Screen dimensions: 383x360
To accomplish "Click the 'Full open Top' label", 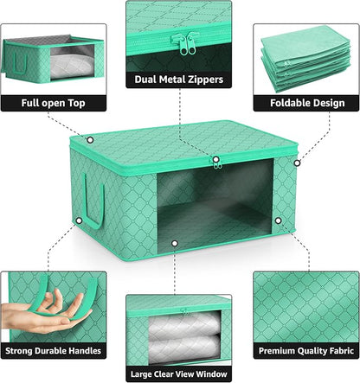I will coord(54,102).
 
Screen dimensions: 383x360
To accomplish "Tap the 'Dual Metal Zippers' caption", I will coord(180,80).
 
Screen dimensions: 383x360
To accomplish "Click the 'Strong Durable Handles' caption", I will coord(54,351).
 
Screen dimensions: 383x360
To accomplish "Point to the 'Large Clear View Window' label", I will coord(180,373).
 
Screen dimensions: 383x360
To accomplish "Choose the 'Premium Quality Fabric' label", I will coord(306,351).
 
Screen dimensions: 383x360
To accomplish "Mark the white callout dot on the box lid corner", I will coord(90,139).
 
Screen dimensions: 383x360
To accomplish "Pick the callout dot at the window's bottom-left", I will coord(175,244).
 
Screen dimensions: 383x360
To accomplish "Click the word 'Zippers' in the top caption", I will coord(204,80).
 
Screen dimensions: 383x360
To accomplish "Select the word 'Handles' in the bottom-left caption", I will coord(85,351).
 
